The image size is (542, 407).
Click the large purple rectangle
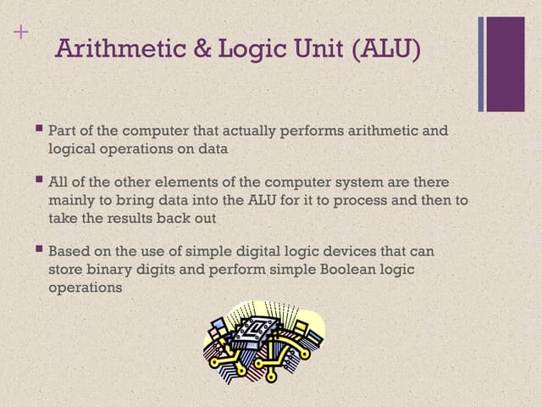coord(506,64)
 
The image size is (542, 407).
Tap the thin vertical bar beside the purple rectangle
coord(481,64)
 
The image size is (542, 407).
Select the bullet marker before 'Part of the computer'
coord(39,130)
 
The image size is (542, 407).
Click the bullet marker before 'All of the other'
coord(39,181)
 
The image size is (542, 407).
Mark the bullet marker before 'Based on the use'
coord(39,250)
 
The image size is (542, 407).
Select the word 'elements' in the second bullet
coord(207,182)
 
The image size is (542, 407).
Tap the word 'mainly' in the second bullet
coord(70,200)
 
